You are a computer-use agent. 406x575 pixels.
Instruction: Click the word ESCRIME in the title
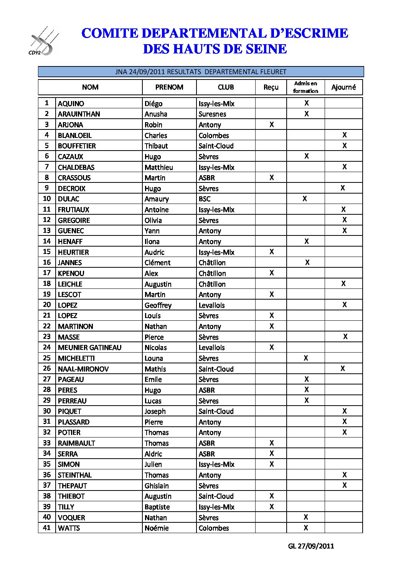pos(316,33)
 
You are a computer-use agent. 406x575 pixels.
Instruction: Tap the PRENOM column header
pos(169,87)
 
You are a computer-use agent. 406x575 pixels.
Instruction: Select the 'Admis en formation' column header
pos(305,87)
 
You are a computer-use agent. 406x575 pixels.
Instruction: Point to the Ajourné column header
pos(343,87)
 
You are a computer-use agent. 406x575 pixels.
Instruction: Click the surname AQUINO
pos(71,104)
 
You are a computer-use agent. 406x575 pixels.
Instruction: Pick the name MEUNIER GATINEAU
pos(89,348)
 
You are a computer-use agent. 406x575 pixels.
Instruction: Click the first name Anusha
pos(156,114)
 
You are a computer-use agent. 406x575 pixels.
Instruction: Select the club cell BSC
pos(205,199)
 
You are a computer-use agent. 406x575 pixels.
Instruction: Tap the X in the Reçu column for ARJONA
pos(272,124)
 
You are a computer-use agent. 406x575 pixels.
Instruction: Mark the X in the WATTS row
pos(306,528)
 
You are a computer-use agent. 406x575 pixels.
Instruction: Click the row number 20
pos(47,305)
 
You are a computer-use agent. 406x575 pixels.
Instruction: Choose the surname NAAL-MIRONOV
pos(83,369)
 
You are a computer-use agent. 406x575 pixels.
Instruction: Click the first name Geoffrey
pos(158,305)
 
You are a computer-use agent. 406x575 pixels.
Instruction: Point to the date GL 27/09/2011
pos(311,546)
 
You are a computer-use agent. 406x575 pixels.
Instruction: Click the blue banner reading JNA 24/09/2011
pos(201,72)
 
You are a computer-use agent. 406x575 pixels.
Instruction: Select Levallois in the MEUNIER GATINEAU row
pos(211,348)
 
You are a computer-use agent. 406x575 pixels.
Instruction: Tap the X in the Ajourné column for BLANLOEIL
pos(345,135)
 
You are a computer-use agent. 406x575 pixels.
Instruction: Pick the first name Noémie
pos(157,528)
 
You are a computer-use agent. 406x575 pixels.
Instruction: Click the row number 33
pos(47,443)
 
